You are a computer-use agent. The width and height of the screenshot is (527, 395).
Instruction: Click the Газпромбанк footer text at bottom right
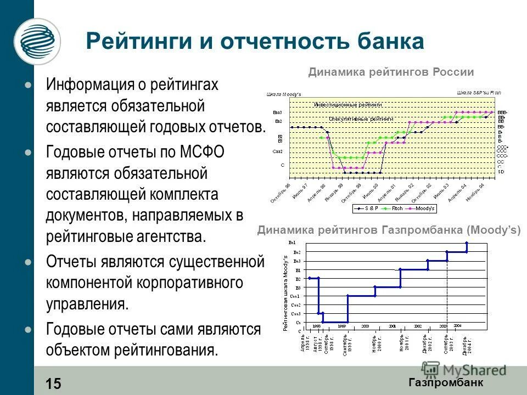pyautogui.click(x=446, y=382)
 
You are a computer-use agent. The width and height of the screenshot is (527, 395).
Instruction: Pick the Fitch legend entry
pyautogui.click(x=396, y=208)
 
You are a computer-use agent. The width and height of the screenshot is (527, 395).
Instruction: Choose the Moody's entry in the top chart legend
pyautogui.click(x=425, y=208)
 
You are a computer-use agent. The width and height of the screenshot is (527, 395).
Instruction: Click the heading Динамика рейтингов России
pyautogui.click(x=390, y=72)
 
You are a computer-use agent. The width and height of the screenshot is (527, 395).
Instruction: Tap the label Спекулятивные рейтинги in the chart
pyautogui.click(x=361, y=119)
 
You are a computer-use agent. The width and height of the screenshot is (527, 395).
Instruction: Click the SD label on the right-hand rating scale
pyautogui.click(x=501, y=172)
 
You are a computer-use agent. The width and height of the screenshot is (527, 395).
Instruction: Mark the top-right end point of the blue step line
pyautogui.click(x=467, y=242)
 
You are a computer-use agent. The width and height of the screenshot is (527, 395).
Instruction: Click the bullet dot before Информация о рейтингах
pyautogui.click(x=28, y=86)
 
